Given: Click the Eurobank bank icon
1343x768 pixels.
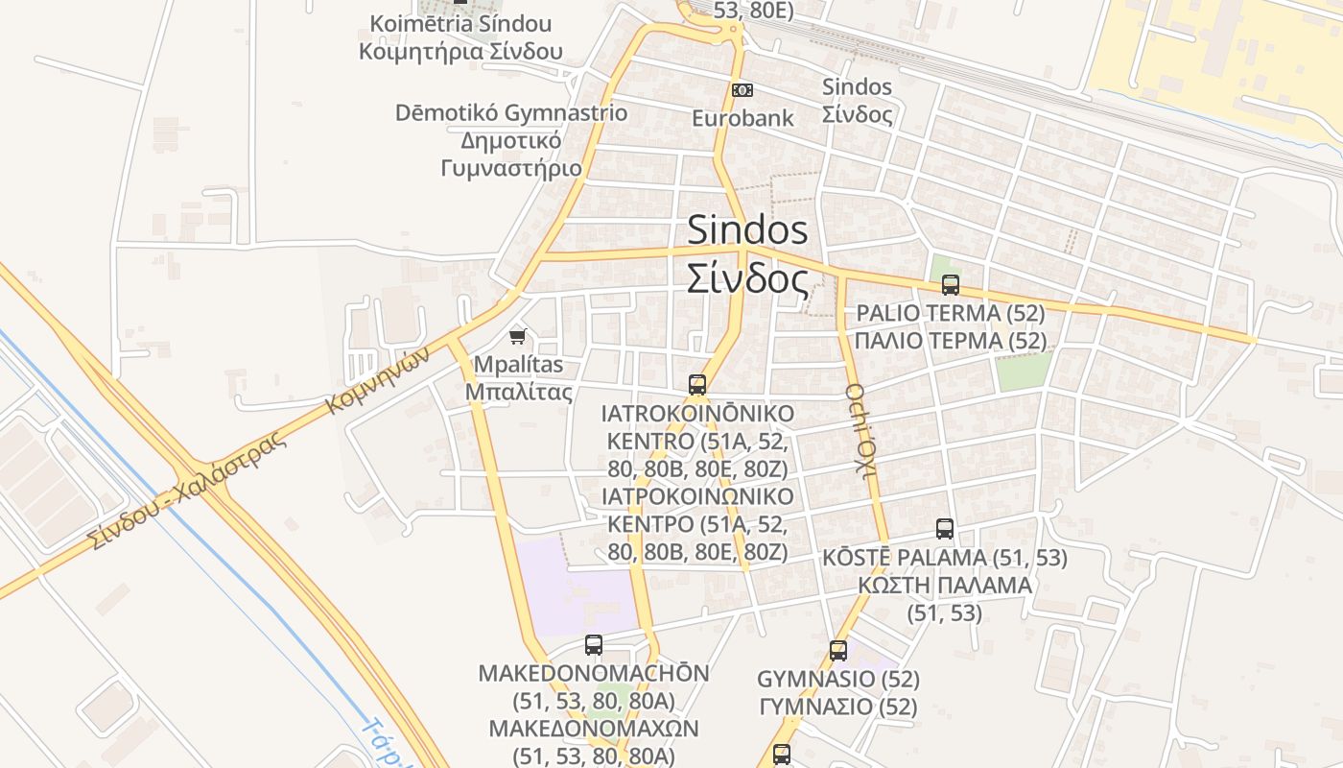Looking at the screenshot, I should [742, 90].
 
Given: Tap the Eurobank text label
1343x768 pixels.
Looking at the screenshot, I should [743, 118].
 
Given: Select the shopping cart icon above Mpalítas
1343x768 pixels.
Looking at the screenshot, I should [518, 336].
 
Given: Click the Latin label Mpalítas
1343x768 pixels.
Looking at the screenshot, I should [519, 366].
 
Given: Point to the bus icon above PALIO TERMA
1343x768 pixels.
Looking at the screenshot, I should [950, 285].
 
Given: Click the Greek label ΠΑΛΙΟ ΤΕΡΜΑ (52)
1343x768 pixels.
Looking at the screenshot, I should [950, 341].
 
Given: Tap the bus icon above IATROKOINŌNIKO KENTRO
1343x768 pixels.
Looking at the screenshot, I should [697, 385].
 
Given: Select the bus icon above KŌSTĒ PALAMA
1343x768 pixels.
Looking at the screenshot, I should [945, 529].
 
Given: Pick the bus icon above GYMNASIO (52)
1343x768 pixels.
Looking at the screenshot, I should [838, 651].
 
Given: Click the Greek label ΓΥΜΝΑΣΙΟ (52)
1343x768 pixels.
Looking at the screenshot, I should [838, 708].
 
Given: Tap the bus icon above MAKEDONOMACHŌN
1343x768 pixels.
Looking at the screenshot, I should [594, 645].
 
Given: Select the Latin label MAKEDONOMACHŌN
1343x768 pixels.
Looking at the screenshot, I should [594, 674].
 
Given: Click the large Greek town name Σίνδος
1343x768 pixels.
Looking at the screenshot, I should [747, 279].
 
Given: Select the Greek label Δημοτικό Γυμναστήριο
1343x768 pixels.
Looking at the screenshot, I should [511, 154].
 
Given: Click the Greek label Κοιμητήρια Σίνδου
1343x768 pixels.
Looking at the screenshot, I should [460, 52].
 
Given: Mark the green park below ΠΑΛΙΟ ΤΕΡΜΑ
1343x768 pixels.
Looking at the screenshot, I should [1023, 371].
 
